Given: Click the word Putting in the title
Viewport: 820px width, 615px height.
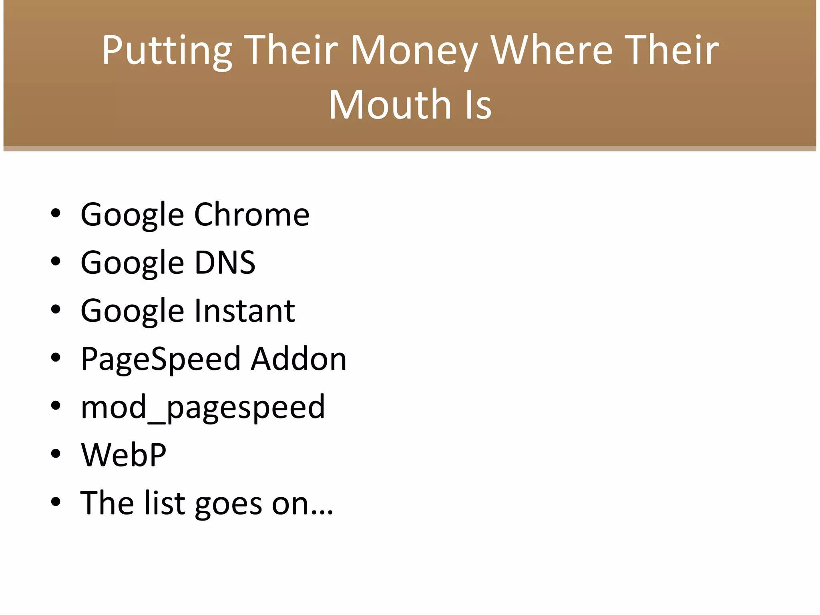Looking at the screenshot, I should pyautogui.click(x=167, y=51).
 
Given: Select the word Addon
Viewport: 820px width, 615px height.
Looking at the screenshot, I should pyautogui.click(x=299, y=359).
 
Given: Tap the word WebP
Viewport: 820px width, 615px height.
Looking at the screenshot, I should pyautogui.click(x=124, y=455).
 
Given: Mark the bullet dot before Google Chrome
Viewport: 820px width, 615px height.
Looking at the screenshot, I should pyautogui.click(x=56, y=213).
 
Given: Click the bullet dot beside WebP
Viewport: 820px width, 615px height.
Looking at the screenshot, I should pyautogui.click(x=56, y=454).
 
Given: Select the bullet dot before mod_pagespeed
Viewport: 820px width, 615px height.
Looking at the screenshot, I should pyautogui.click(x=56, y=406).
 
